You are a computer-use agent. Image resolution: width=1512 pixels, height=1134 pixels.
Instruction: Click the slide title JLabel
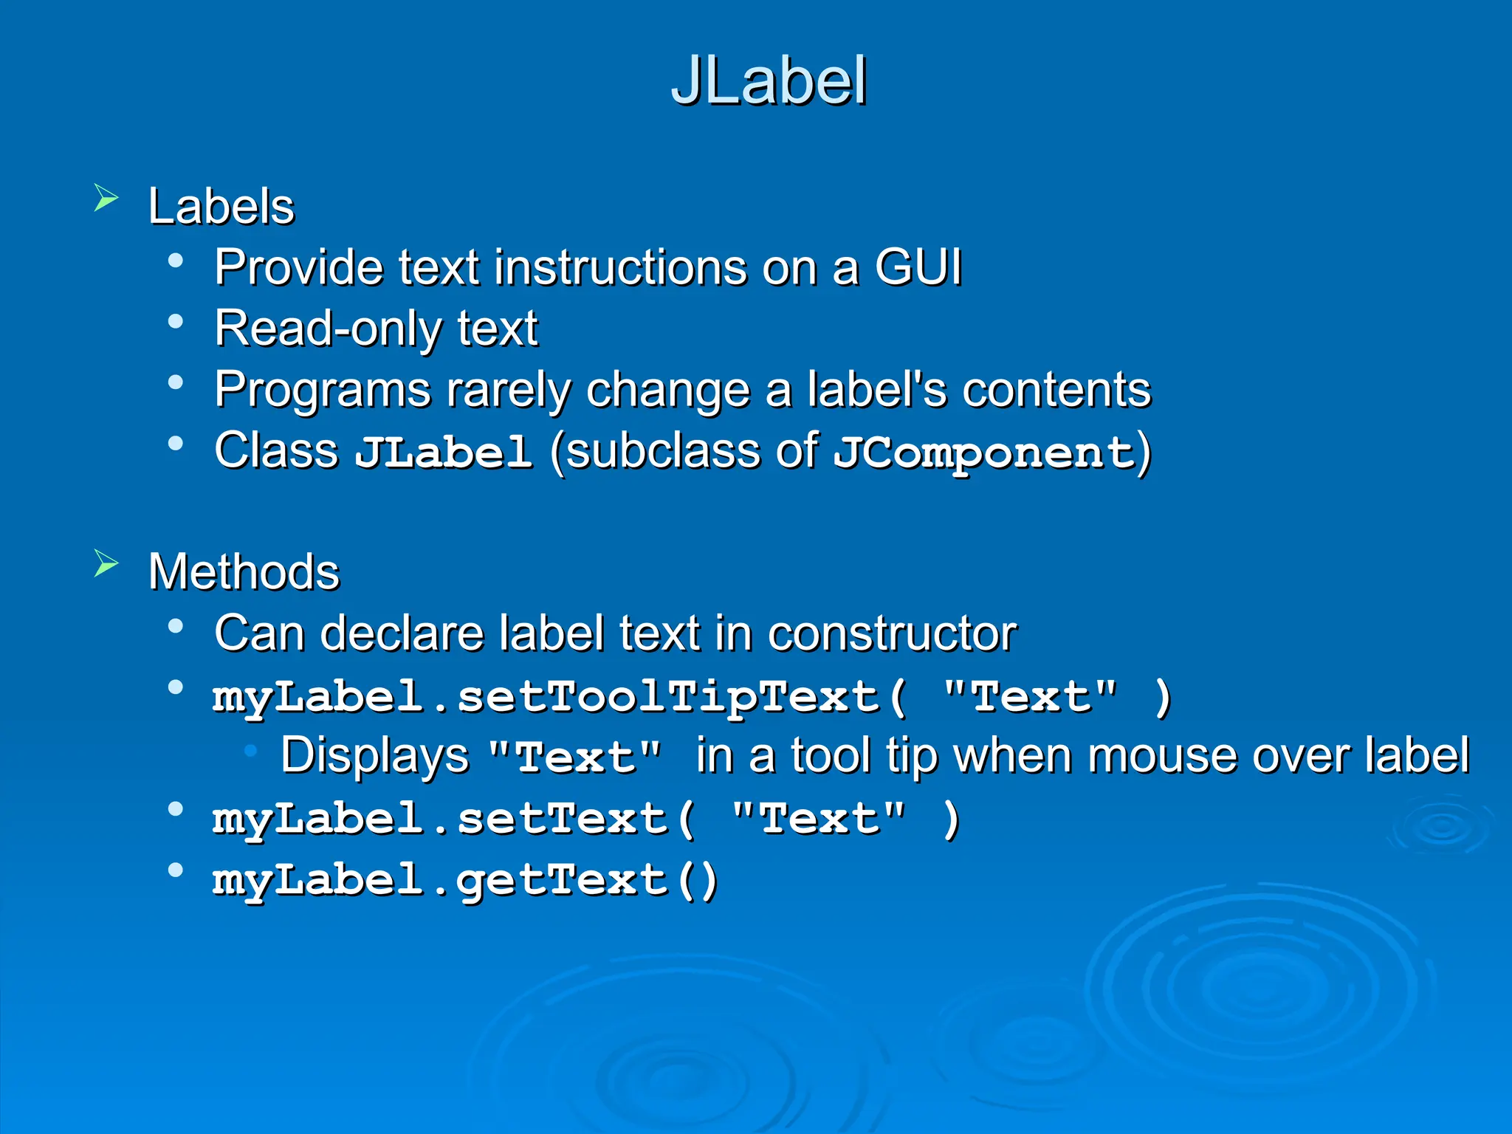769,81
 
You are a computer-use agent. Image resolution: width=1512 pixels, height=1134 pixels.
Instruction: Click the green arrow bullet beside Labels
106,199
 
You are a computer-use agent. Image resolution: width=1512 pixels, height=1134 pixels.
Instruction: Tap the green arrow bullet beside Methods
106,565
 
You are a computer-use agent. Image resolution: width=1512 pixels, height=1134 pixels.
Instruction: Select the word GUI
918,267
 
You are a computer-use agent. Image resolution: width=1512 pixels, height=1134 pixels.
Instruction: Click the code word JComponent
983,453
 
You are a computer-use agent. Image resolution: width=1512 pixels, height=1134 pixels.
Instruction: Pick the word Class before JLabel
276,450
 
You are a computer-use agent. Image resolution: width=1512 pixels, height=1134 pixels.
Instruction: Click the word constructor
892,634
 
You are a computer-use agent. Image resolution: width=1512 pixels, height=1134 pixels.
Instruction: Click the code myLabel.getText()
465,881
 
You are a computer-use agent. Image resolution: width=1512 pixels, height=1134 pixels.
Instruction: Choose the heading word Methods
244,572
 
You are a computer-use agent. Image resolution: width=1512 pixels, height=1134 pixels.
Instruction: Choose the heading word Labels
221,206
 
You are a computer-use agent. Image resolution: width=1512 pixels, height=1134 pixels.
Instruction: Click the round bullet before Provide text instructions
176,261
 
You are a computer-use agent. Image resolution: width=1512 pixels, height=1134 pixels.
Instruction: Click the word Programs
322,390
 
